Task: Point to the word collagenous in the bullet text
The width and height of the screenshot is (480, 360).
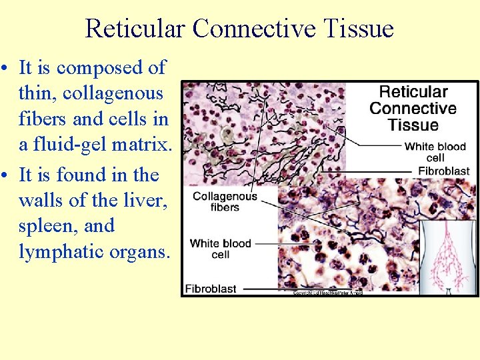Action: (113, 93)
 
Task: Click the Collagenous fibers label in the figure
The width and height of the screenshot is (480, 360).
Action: (225, 201)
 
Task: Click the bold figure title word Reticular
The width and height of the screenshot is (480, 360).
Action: (413, 92)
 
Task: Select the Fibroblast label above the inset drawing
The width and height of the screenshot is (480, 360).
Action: (443, 171)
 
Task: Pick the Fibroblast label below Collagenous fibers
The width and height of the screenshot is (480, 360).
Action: (210, 289)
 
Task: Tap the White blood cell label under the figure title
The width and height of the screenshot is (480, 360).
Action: (434, 152)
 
